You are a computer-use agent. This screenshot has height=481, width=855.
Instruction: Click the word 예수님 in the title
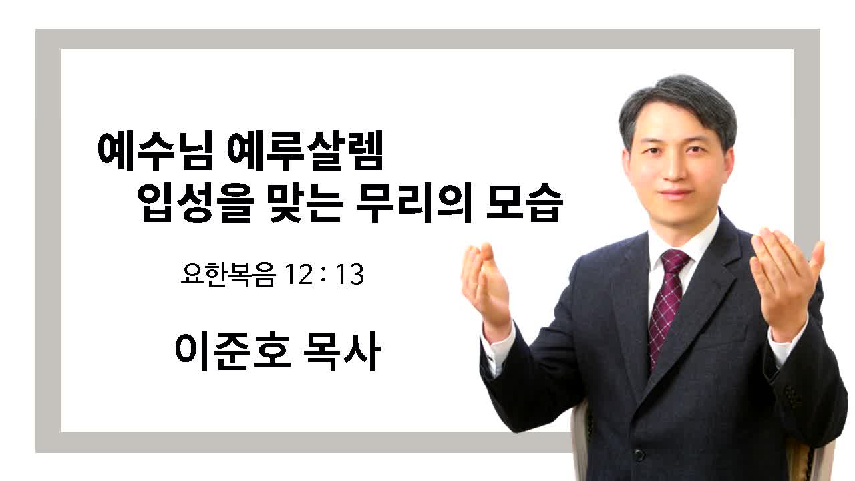(x=155, y=152)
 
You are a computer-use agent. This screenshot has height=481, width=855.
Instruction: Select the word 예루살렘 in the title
(x=305, y=152)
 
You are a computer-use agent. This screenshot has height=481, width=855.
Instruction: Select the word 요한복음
(x=228, y=274)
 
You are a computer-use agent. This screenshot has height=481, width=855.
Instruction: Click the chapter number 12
(x=299, y=275)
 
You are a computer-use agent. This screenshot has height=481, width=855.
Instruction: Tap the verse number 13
(x=349, y=275)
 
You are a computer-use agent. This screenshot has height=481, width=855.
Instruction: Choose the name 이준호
(x=233, y=351)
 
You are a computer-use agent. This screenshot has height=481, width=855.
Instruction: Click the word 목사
(x=342, y=351)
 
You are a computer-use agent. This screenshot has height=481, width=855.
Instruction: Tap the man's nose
(x=675, y=168)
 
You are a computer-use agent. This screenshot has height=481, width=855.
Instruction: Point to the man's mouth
(x=677, y=193)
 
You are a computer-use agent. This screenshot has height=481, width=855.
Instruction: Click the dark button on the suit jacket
(x=639, y=454)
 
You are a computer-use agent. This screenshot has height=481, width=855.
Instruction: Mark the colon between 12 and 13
(x=324, y=274)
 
